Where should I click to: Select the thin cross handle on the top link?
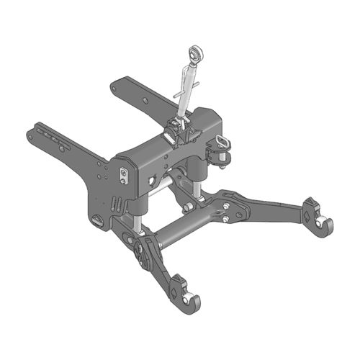coord(182,93)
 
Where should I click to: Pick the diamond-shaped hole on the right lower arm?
coord(307,214)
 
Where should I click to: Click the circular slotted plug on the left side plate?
coord(97,220)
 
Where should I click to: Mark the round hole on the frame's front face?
coord(153,177)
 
